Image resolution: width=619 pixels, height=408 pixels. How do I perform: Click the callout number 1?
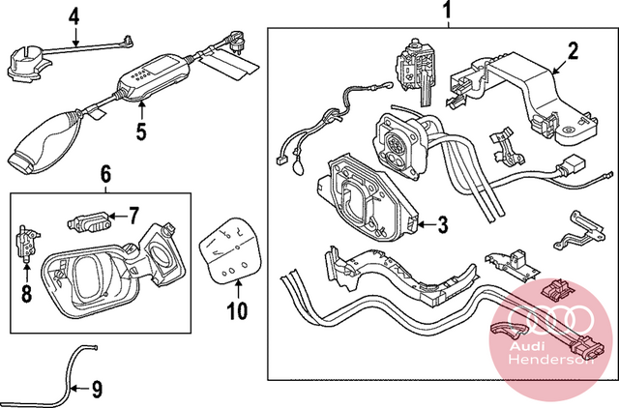tap(447, 11)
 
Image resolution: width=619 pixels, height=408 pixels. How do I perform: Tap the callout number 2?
tap(573, 50)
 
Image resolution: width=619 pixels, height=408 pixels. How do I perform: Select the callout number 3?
tap(443, 224)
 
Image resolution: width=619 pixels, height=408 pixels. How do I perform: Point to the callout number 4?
tap(74, 17)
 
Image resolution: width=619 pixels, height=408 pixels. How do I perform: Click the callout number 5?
tap(141, 131)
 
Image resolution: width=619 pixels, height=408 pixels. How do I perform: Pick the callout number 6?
tap(105, 174)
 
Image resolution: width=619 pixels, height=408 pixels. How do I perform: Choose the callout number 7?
tap(133, 216)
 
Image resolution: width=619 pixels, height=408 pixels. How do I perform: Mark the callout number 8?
tap(26, 294)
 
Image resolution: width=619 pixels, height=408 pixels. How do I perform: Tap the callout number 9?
tap(97, 390)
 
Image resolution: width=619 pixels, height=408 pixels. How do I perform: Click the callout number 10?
tap(237, 311)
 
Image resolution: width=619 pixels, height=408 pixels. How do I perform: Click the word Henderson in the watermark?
tap(551, 360)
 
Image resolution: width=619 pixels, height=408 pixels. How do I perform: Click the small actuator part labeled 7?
tap(89, 223)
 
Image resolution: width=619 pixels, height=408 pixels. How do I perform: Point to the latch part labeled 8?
tap(27, 245)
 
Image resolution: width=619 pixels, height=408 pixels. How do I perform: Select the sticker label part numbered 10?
tap(230, 250)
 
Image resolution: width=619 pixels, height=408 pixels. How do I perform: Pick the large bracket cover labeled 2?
tap(525, 95)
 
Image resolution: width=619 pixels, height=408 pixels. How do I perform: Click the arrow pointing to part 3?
tap(427, 224)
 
